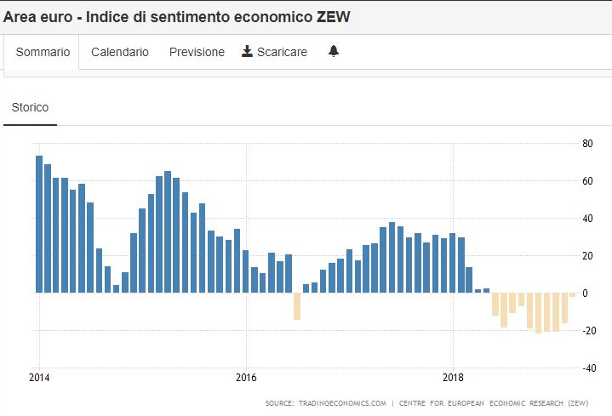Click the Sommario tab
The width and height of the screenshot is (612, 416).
click(43, 52)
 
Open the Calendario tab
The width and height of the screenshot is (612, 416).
click(120, 52)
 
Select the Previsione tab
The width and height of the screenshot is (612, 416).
click(197, 52)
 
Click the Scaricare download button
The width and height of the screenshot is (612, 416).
click(274, 52)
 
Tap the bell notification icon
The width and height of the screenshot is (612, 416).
click(334, 52)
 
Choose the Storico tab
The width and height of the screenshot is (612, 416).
click(30, 108)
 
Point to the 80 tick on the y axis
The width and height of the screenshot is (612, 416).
click(587, 143)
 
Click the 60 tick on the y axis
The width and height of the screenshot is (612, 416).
click(587, 180)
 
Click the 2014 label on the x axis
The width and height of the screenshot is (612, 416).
click(39, 377)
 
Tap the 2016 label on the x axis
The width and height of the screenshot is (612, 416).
click(246, 377)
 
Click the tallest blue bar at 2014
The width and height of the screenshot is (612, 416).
click(39, 224)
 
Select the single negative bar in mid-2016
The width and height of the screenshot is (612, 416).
click(297, 306)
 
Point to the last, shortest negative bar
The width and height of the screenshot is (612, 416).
click(573, 294)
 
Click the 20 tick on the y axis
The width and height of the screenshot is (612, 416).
click(587, 255)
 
